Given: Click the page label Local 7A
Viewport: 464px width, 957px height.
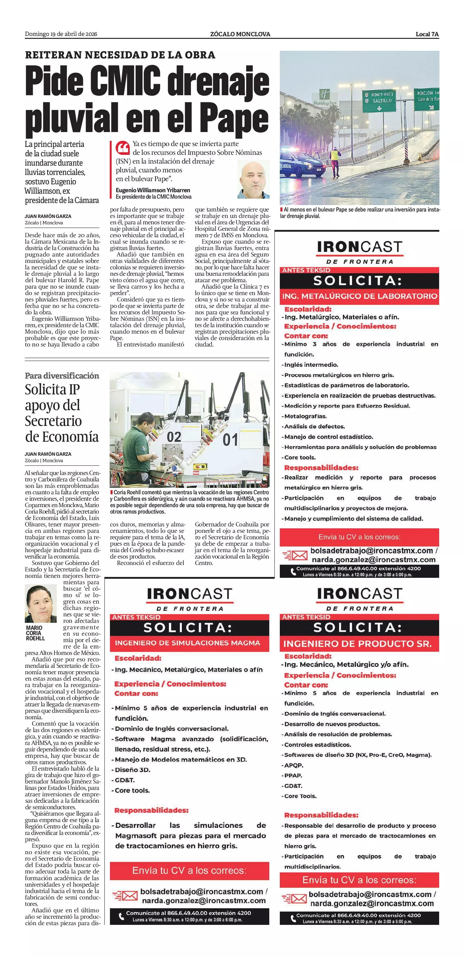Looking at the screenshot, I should pyautogui.click(x=427, y=34).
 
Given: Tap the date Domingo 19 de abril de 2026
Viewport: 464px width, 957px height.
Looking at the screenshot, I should pyautogui.click(x=61, y=34).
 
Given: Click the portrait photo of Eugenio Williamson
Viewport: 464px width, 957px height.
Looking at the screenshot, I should pyautogui.click(x=253, y=179).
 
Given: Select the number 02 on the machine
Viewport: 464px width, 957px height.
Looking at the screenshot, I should pyautogui.click(x=174, y=437).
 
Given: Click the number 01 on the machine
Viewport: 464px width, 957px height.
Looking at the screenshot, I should pyautogui.click(x=230, y=440).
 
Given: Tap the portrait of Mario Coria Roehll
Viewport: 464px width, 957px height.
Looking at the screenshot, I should pyautogui.click(x=41, y=604).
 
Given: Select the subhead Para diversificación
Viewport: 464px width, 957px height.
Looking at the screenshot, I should pyautogui.click(x=62, y=376).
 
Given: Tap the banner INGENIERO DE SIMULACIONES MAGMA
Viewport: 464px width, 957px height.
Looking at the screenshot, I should pyautogui.click(x=187, y=643).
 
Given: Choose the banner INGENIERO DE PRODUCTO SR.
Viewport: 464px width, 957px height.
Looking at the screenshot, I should pyautogui.click(x=357, y=644).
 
